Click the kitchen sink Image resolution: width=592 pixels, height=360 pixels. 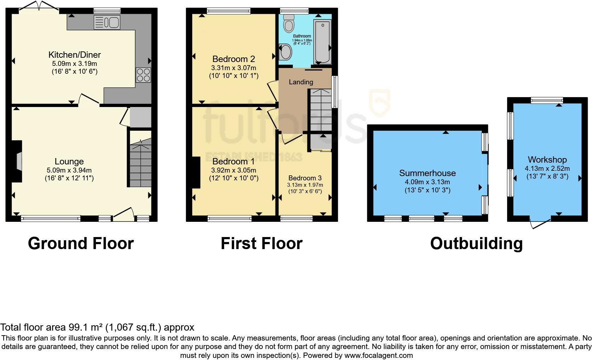click(x=107, y=22)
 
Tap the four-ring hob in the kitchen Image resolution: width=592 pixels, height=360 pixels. click(x=143, y=75)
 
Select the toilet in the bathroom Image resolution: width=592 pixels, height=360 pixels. click(x=289, y=23)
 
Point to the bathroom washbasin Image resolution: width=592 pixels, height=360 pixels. click(x=285, y=52)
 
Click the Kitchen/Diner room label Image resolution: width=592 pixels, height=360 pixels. click(x=74, y=55)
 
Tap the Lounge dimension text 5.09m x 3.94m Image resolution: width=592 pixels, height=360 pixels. click(x=69, y=170)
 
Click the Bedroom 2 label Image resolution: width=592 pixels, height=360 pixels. click(x=234, y=59)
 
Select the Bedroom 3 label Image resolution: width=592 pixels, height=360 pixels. click(x=305, y=178)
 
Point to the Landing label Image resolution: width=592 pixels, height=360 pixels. click(x=301, y=82)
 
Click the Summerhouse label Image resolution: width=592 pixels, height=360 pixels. click(x=427, y=173)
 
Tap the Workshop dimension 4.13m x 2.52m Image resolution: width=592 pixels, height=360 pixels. click(x=547, y=169)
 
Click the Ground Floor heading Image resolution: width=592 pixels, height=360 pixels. click(x=81, y=243)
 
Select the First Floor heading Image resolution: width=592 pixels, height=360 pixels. click(x=262, y=243)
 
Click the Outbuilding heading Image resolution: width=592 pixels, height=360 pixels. click(x=477, y=243)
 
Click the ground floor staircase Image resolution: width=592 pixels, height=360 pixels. click(x=140, y=162)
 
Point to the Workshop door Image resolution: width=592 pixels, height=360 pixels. click(x=540, y=224)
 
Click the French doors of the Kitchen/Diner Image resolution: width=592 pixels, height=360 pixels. click(x=39, y=6)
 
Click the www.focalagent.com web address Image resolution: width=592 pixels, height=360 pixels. click(x=378, y=355)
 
